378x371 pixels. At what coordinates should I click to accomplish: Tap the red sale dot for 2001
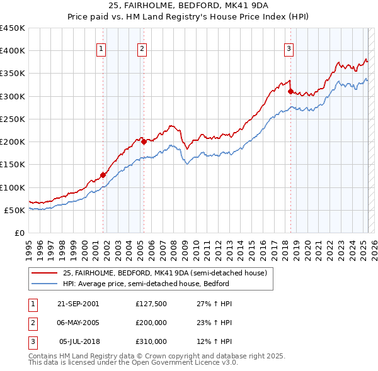[x=103, y=175]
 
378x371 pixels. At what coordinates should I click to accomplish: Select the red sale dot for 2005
[x=144, y=141]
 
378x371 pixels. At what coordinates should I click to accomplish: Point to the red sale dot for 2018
[x=290, y=91]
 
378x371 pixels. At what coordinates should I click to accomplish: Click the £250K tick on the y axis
[x=13, y=119]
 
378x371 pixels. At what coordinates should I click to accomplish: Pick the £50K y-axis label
[x=15, y=210]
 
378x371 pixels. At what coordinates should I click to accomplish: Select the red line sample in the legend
[x=44, y=274]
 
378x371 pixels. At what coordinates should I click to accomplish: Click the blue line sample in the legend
[x=44, y=284]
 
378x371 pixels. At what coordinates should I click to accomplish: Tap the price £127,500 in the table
[x=151, y=303]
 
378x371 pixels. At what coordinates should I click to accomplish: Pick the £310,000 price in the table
[x=151, y=342]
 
